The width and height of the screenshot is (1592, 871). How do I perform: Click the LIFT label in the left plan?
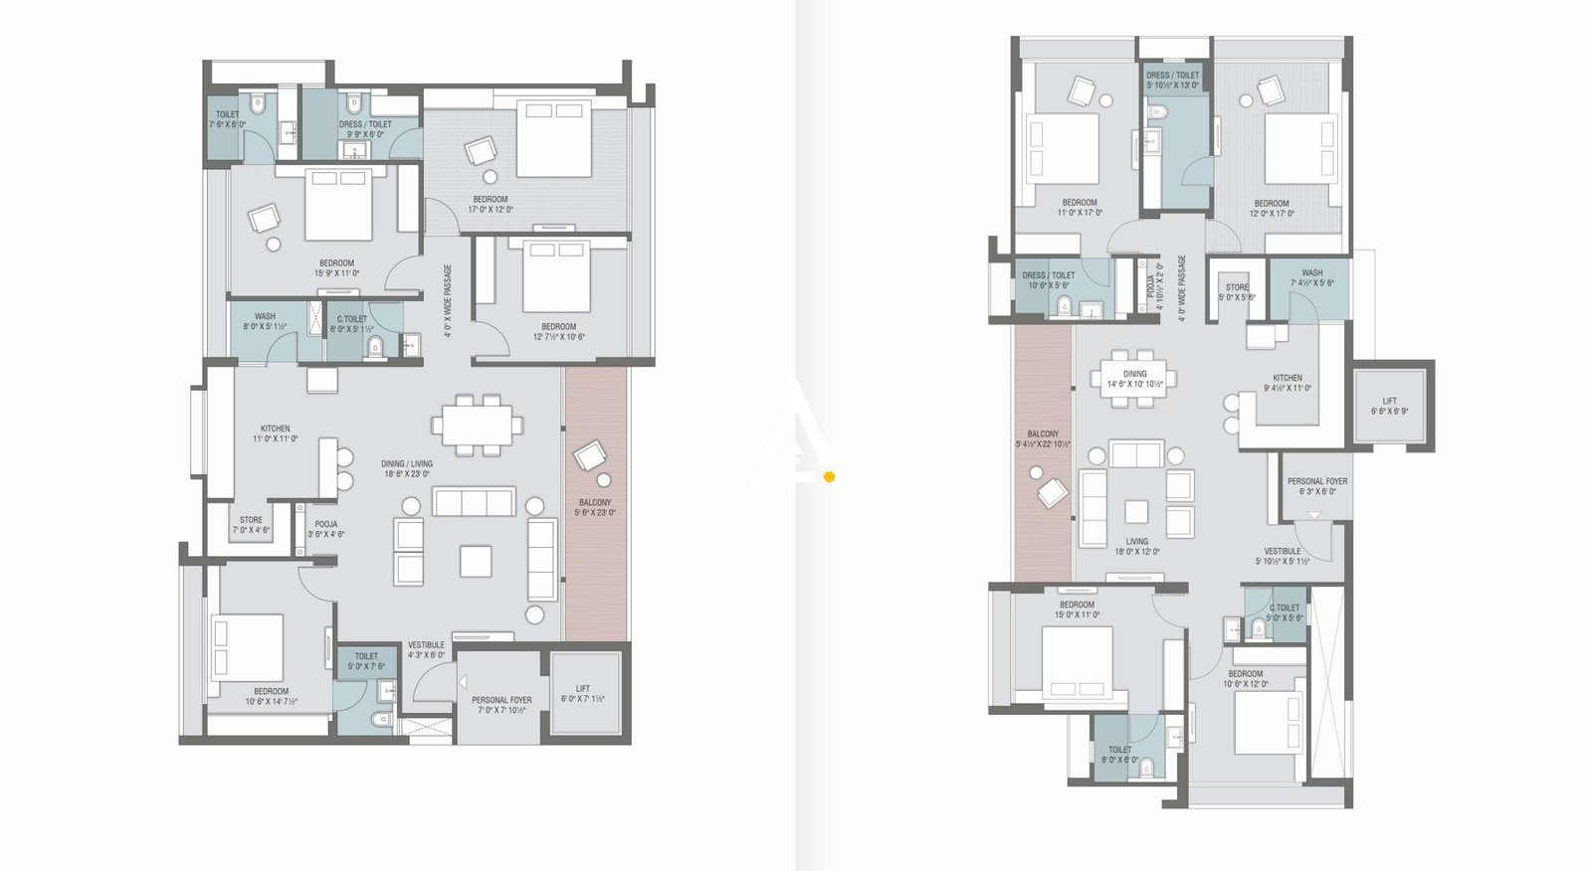(583, 693)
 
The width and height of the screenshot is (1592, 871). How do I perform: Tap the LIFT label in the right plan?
(1389, 406)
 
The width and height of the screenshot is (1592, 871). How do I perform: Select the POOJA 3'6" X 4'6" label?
(325, 529)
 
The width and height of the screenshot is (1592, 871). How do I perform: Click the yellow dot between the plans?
(829, 477)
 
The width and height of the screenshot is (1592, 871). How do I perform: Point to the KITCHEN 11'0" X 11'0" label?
(275, 434)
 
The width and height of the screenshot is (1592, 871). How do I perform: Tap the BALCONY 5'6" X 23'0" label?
(595, 508)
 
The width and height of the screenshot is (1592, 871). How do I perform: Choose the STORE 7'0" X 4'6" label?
(251, 525)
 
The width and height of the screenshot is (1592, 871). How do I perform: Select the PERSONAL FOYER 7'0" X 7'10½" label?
(501, 705)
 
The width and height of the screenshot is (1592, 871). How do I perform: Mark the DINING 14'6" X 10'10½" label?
(1134, 379)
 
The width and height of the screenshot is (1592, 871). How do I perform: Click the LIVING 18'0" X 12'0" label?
(1136, 547)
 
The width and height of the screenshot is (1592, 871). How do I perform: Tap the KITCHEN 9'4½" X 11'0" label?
(1288, 383)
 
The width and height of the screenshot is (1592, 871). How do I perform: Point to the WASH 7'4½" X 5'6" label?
(1311, 277)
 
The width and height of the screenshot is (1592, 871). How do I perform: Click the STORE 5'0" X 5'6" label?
(1237, 292)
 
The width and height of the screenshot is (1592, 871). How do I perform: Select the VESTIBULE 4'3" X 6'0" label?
(426, 649)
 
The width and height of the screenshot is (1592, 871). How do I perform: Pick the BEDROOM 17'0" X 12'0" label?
(491, 204)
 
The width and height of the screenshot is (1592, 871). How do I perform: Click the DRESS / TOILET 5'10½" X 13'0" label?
(1172, 80)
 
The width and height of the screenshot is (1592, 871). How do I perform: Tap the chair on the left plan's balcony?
(590, 456)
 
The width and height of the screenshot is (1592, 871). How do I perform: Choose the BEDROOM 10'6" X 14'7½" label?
(271, 696)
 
